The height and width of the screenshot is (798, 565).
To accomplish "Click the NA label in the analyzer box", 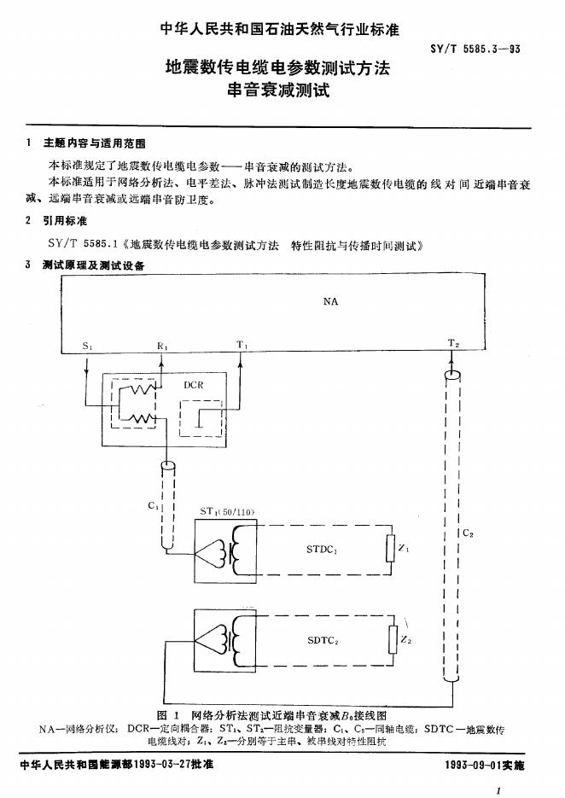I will pos(330,302).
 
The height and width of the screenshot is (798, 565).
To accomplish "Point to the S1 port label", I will pos(88,346).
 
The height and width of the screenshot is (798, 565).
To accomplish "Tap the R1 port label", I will pos(162,346).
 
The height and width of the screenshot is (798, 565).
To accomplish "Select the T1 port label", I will pos(242,346).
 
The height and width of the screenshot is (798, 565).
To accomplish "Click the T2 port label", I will pos(453,345).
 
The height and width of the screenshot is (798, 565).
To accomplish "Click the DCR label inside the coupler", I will pos(195,385).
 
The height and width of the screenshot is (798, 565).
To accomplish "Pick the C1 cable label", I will pos(153,505).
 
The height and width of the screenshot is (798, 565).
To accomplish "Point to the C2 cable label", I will pos(467,534).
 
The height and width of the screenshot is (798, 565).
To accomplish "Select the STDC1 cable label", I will pos(323,550).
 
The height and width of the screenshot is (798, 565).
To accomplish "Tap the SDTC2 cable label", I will pos(323,640).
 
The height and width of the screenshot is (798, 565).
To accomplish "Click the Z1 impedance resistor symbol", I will pos(392,549).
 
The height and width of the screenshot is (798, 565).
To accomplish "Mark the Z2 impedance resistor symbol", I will pos(393,638).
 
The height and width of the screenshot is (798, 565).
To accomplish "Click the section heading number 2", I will pos(30,221).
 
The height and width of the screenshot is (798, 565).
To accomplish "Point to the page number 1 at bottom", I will pos(498,791).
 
